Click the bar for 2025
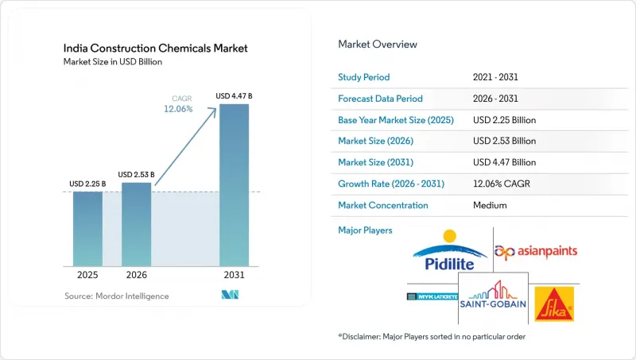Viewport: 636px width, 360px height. [87, 229]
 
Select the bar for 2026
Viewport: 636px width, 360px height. [136, 224]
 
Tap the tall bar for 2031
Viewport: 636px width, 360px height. [234, 185]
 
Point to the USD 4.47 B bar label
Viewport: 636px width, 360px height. [234, 96]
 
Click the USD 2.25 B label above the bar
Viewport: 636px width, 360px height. [87, 184]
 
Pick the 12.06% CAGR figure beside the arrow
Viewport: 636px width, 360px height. [178, 109]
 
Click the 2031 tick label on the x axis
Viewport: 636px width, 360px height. [234, 275]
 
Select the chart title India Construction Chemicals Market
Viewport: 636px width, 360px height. [155, 48]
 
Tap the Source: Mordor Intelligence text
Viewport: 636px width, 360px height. [117, 296]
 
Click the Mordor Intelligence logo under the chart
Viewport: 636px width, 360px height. [230, 295]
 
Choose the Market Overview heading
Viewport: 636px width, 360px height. [378, 45]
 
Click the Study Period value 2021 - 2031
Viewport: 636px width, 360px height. [495, 77]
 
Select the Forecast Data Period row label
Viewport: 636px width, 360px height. [380, 99]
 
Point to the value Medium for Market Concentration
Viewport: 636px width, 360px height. [490, 205]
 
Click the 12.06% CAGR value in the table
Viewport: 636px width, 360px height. [502, 184]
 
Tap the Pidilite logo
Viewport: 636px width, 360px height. [449, 250]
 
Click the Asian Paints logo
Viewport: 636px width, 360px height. [536, 252]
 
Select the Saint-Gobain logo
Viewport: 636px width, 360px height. [493, 295]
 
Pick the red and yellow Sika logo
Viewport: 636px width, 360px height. [554, 304]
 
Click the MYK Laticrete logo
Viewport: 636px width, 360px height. [432, 296]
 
